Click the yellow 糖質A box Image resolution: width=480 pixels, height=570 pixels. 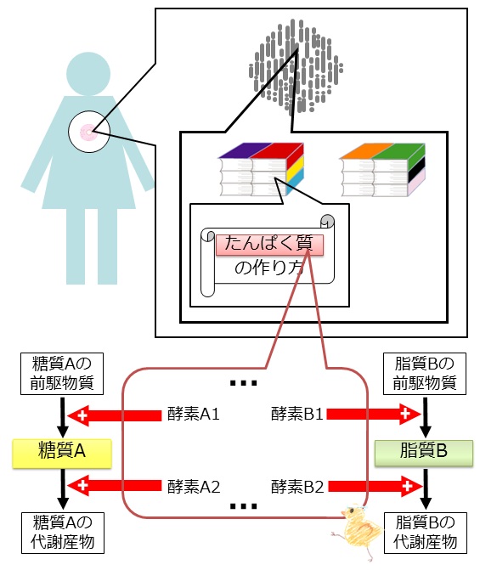coord(62,453)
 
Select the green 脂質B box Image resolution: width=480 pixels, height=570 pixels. coord(424,453)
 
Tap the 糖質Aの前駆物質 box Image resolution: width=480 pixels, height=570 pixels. coord(62,373)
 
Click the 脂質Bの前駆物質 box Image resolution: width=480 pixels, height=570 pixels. coord(425,373)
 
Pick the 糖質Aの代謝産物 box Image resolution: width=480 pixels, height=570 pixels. coord(63,533)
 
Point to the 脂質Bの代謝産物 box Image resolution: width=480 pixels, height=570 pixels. coord(425,533)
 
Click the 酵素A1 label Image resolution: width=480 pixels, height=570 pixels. coord(193,414)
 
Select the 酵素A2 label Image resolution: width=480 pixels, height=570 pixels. coord(194,487)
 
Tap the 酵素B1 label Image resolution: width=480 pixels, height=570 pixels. coord(297,414)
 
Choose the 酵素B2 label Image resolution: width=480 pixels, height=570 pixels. coord(297,487)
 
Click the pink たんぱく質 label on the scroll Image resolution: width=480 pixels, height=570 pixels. coord(269,245)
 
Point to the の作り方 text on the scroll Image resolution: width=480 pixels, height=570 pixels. coord(269,268)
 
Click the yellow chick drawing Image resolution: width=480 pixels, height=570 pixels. coord(358,531)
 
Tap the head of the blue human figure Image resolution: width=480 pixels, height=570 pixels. coord(88,74)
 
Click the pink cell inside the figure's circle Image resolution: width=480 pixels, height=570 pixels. coord(88,133)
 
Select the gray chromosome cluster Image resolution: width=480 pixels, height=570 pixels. coord(296,66)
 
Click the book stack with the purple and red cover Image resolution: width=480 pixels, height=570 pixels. coord(261,169)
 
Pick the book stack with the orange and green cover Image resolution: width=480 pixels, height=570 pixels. coord(382,170)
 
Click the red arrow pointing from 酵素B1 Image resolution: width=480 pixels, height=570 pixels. coord(374,414)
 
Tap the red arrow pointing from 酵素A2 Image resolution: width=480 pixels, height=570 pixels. coord(115,486)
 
